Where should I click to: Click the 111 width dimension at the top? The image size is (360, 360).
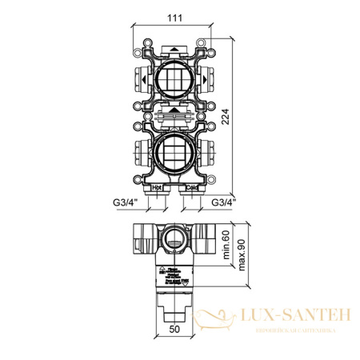point(174,19)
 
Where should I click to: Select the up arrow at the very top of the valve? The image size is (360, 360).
point(174,48)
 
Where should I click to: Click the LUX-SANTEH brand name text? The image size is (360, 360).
point(296,317)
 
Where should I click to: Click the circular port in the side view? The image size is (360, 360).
point(174,237)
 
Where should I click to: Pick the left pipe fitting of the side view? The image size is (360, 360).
point(143,238)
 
